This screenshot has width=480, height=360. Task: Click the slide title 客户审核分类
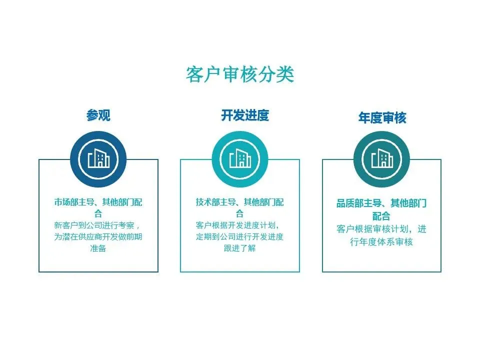coord(240,74)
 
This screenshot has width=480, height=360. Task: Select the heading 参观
coord(98,115)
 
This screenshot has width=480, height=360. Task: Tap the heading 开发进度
coord(245,115)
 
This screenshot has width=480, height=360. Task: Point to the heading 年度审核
coord(382,118)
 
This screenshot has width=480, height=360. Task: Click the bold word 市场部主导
coord(74,202)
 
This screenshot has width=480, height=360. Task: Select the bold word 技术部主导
coord(216,202)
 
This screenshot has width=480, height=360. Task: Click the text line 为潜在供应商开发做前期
coord(98,236)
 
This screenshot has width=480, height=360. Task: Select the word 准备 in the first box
coord(98,248)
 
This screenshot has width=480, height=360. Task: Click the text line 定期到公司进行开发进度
coord(240,236)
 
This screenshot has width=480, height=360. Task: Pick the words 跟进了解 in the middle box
coord(240,248)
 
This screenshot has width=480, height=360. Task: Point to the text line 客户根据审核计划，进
coord(381,229)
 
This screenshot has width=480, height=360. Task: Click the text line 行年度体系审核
coord(381,242)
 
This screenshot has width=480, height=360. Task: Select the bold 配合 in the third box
coord(381,216)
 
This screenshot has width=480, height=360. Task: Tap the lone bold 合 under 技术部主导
coord(240,214)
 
